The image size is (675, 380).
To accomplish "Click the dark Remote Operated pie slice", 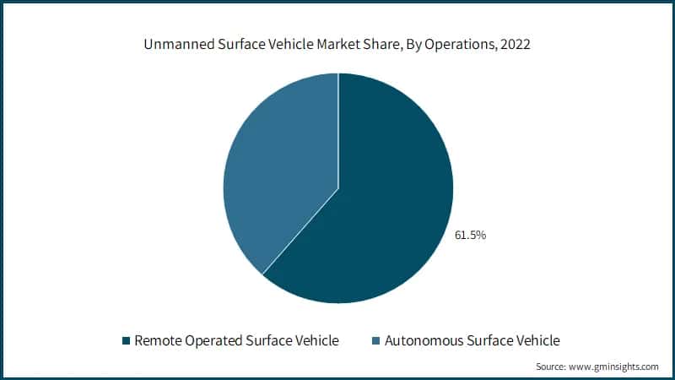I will (x=380, y=211).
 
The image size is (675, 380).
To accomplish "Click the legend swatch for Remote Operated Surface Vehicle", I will (x=127, y=341).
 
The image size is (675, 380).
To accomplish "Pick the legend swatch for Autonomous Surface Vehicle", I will (x=376, y=341).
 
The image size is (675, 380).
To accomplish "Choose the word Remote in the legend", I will (x=158, y=341).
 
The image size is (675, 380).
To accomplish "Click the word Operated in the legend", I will (x=213, y=341).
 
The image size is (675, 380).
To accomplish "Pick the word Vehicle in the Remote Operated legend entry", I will (x=316, y=341).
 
